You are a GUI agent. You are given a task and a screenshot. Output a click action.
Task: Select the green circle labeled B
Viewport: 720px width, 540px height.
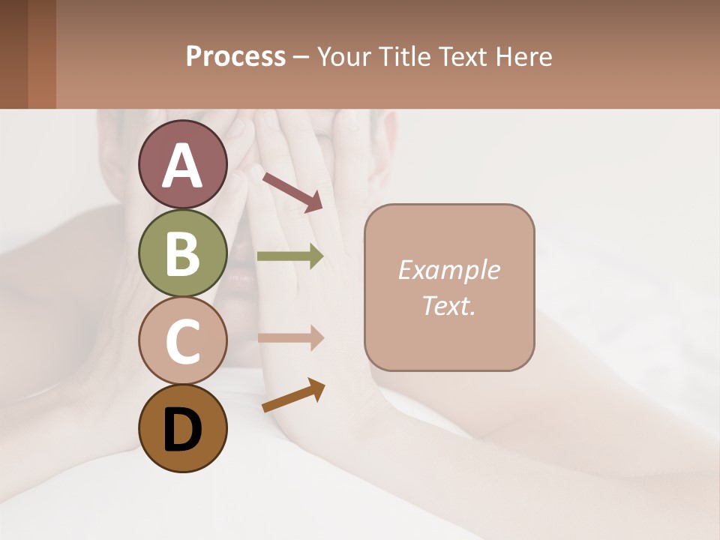[182, 253]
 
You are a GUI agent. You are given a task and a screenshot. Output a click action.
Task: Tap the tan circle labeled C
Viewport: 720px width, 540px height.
[182, 340]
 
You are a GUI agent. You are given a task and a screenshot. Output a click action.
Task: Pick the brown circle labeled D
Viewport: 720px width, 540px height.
[182, 428]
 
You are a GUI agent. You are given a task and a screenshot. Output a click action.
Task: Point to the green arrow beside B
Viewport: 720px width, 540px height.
[290, 256]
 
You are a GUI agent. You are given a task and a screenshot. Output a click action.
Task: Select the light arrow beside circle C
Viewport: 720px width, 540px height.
[290, 337]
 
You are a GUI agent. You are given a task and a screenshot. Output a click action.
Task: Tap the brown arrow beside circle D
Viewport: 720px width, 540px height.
[293, 395]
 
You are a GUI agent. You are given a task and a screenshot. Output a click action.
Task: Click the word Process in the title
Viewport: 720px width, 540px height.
[235, 56]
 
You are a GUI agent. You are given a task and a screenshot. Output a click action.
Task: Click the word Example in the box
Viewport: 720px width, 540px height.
[448, 270]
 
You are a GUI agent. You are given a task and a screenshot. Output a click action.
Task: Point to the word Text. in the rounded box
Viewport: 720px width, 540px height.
[448, 305]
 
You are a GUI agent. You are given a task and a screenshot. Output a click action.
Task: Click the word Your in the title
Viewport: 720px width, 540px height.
[345, 56]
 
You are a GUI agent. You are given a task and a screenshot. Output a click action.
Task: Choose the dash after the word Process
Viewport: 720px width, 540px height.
[301, 57]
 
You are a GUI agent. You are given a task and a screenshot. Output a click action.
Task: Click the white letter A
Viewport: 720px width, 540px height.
[182, 166]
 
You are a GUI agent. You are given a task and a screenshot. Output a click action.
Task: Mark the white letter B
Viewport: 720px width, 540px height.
[182, 253]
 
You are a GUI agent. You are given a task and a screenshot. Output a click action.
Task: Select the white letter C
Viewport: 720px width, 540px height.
[182, 342]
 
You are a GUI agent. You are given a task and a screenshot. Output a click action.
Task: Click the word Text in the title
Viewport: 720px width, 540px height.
[460, 56]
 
